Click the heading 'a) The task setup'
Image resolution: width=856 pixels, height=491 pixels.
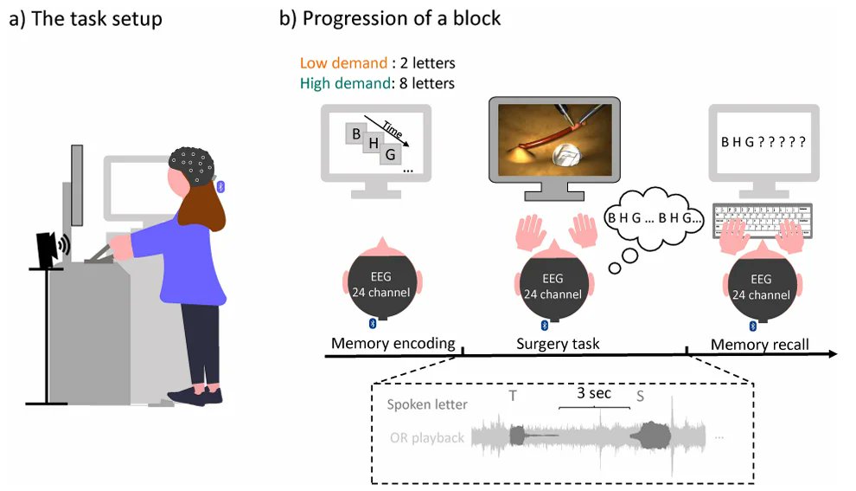[85, 18]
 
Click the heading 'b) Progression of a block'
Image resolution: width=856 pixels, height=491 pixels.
[390, 18]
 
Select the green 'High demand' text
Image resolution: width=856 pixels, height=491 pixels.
[339, 84]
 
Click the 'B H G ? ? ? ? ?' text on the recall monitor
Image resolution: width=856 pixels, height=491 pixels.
[761, 142]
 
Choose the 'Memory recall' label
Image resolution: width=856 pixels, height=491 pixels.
[759, 345]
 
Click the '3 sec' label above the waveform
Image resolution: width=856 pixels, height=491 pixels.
[594, 393]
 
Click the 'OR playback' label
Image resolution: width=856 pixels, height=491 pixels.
[425, 437]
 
